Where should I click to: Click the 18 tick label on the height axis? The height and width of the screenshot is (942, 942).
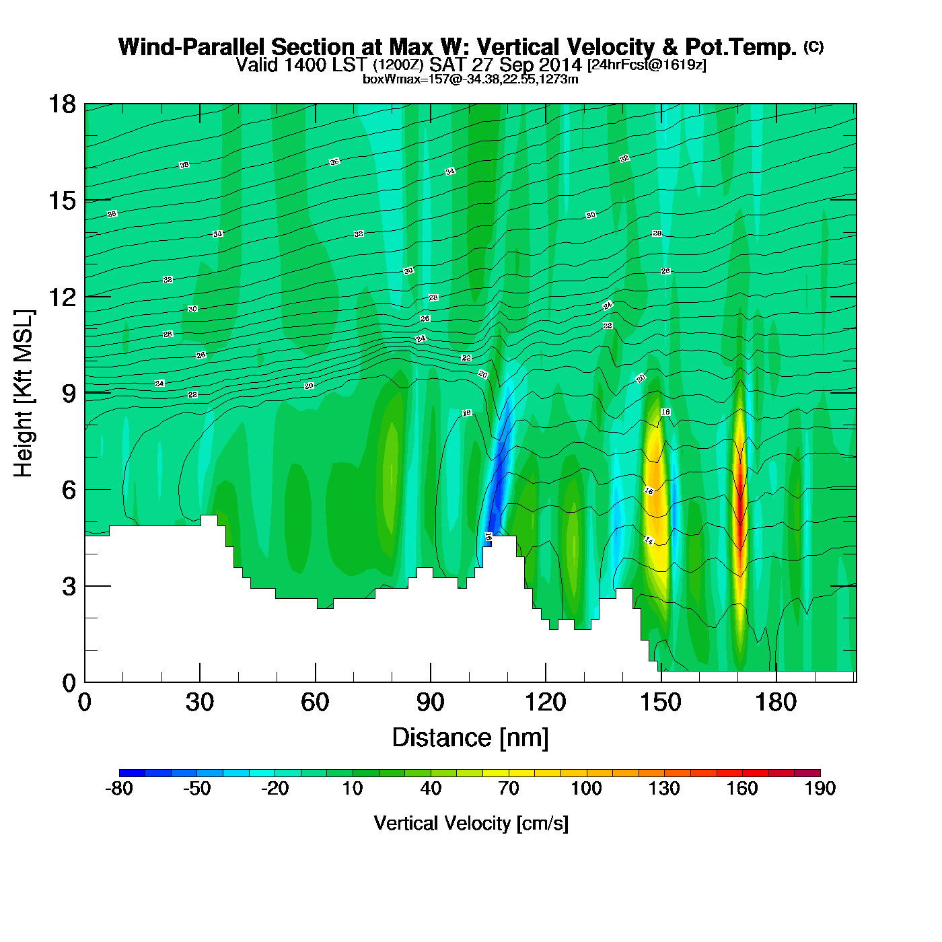(61, 104)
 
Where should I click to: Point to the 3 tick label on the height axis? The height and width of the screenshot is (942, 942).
(69, 587)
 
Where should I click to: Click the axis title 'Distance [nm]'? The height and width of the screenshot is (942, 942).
(470, 738)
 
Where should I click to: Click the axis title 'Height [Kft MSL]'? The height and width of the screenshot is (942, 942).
(24, 394)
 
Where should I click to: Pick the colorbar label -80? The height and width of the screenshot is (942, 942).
(119, 789)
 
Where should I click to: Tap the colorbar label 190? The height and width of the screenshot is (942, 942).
(820, 789)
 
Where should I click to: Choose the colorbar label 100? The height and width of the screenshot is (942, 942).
(586, 789)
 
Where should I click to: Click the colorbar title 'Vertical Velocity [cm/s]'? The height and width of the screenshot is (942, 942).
(470, 824)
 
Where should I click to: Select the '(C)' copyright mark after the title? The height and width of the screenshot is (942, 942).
(813, 46)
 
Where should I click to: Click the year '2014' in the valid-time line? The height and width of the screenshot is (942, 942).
(560, 65)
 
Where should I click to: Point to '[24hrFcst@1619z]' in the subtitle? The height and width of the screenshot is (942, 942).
(647, 65)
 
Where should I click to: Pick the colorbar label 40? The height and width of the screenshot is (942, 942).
(431, 789)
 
